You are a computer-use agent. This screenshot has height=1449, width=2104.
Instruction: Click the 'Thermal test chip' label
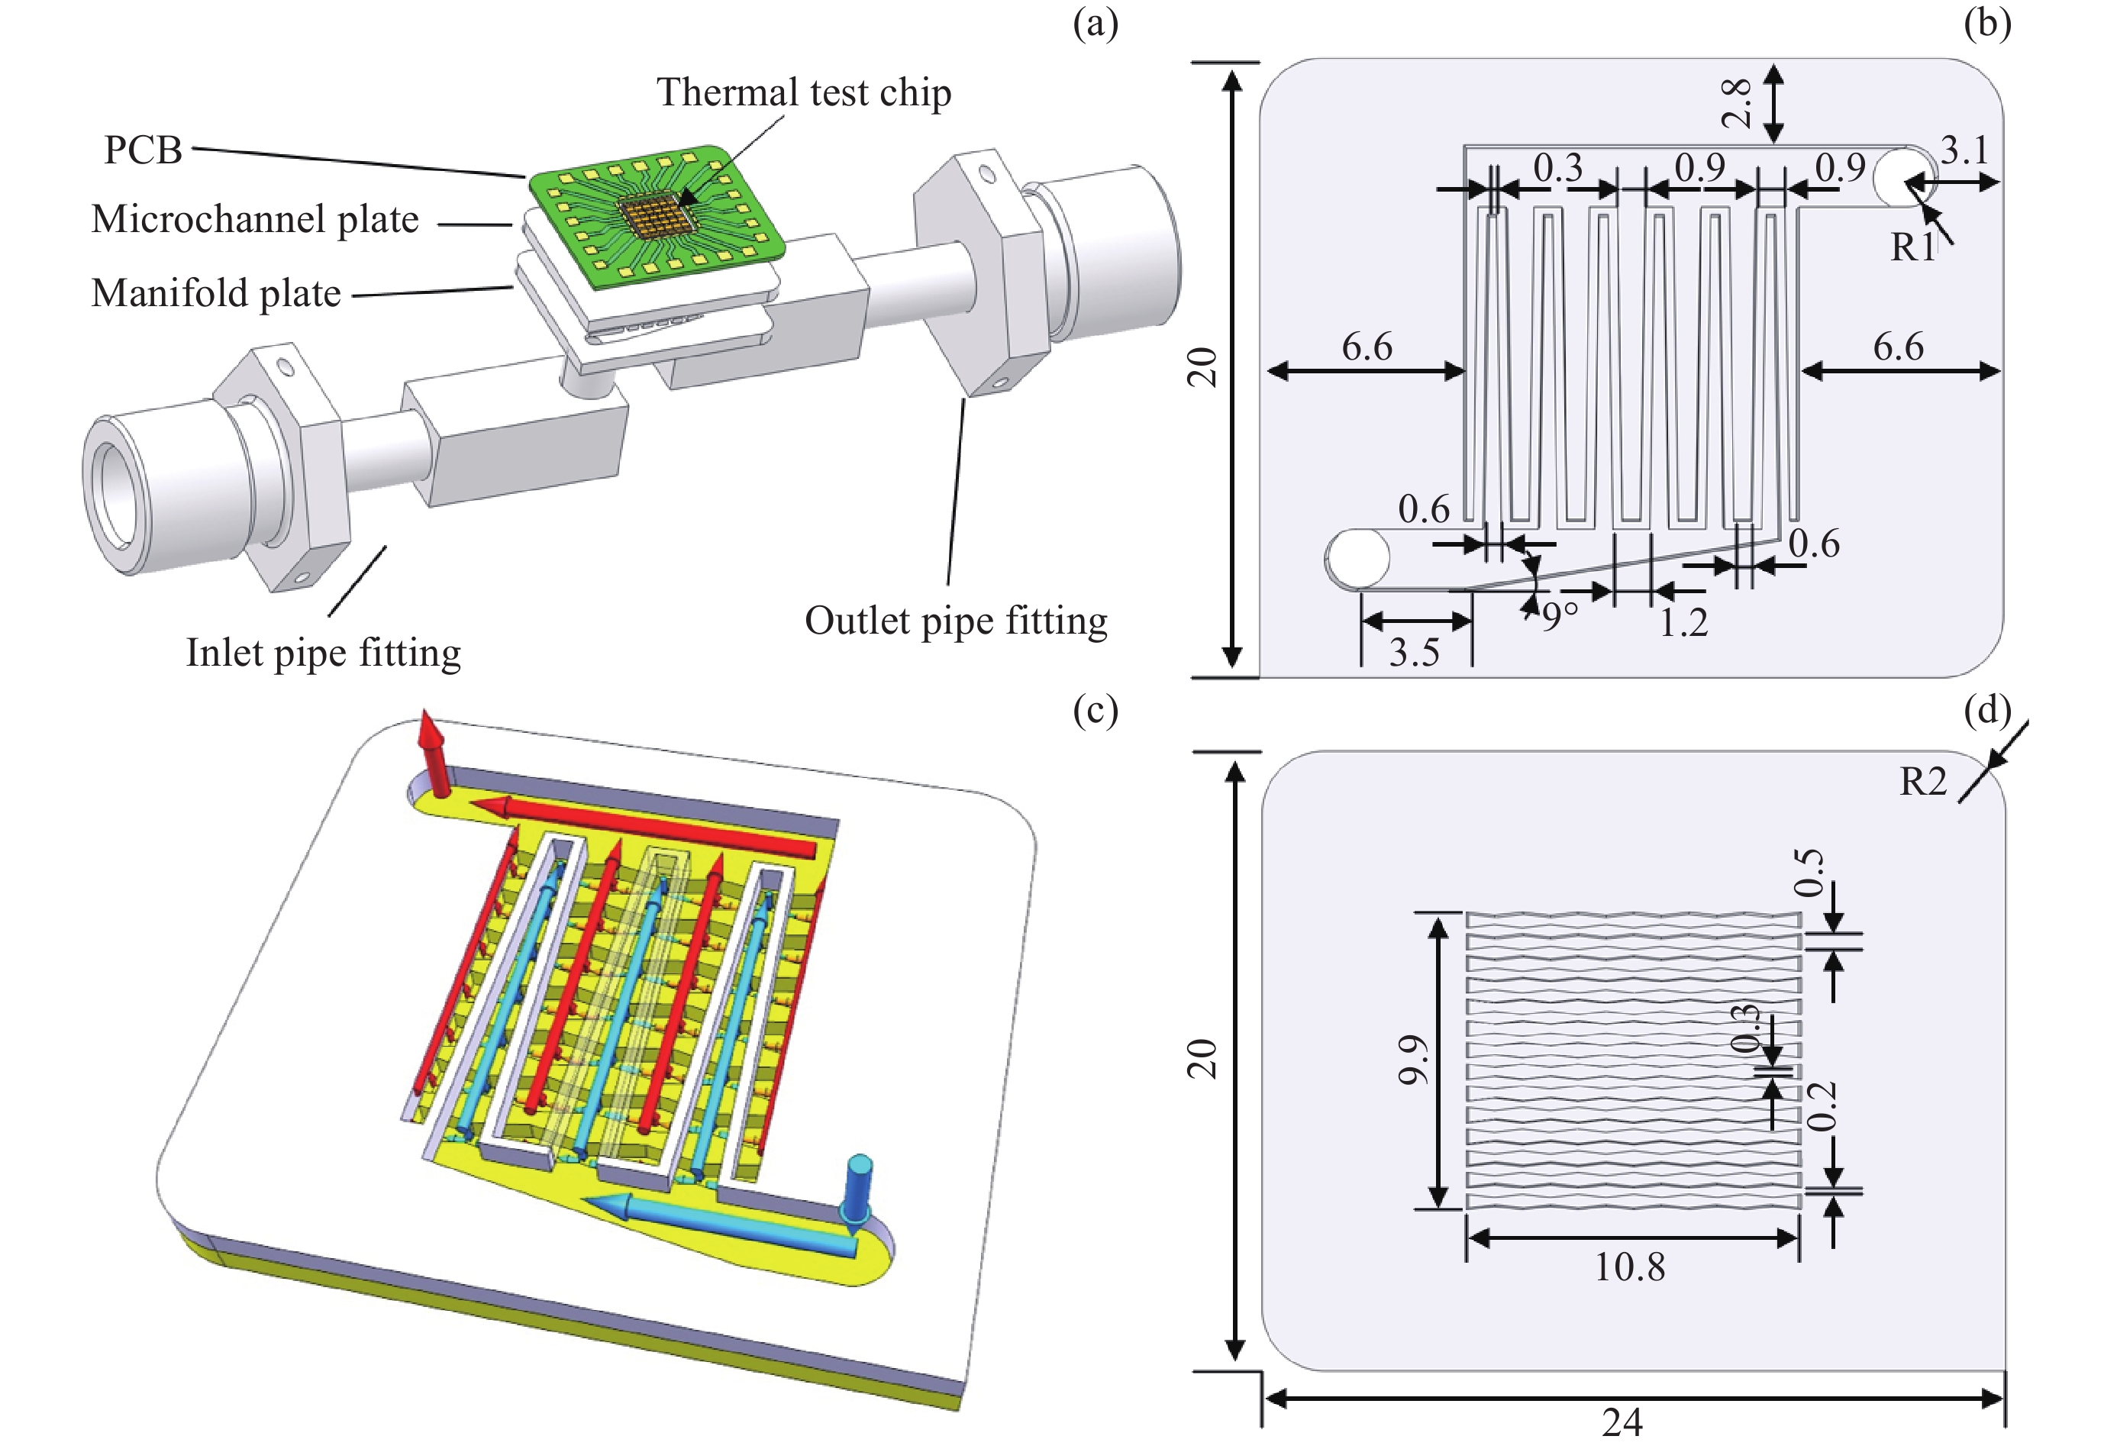point(803,92)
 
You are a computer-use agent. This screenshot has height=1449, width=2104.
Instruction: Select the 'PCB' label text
point(143,150)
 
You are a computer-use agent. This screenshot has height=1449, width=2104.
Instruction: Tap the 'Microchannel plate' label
point(255,220)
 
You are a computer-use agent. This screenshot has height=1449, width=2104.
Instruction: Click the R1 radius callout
point(1912,247)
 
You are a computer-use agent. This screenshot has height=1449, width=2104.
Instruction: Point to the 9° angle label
point(1560,616)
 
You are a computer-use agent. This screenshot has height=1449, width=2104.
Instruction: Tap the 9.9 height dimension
point(1413,1060)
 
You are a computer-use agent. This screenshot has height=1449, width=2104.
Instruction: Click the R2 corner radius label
point(1922,782)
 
